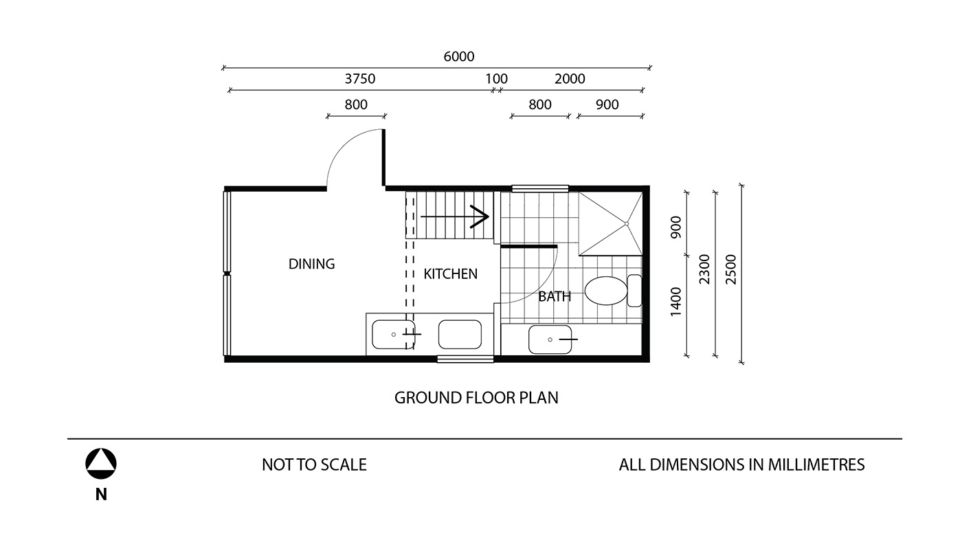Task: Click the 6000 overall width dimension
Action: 459,56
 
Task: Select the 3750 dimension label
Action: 360,78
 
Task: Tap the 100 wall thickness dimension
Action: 496,78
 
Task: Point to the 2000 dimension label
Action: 570,78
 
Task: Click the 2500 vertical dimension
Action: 730,269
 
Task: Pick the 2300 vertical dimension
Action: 705,269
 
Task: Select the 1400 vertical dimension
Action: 676,302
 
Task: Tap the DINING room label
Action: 311,264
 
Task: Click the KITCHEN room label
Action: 451,274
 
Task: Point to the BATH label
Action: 555,296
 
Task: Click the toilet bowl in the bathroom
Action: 606,291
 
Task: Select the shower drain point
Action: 627,224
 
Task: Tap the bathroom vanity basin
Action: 550,339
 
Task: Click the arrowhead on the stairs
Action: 481,216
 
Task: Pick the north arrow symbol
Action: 101,464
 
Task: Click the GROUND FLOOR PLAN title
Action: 476,398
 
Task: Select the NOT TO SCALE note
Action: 315,464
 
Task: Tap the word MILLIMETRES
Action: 816,464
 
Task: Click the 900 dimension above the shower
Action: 607,104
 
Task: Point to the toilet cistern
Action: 634,291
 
